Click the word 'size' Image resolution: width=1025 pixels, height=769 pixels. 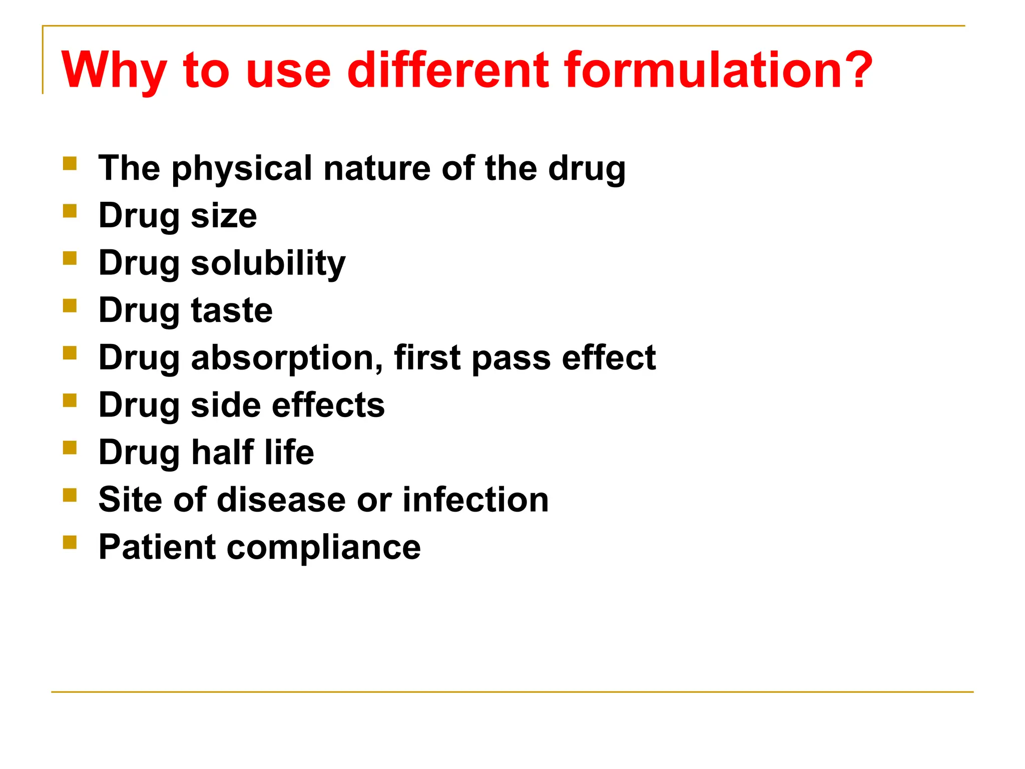[x=224, y=216]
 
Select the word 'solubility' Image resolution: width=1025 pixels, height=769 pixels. [x=268, y=263]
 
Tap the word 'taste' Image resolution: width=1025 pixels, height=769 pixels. [x=232, y=311]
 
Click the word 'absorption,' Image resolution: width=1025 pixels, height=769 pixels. [x=287, y=358]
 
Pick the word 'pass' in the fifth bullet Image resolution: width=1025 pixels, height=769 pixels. [x=510, y=358]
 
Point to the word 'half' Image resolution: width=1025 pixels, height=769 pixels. [x=223, y=452]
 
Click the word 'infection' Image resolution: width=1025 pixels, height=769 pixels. [x=475, y=500]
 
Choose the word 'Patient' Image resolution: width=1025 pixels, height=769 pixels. [x=157, y=547]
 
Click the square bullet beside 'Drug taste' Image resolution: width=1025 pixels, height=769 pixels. [x=70, y=305]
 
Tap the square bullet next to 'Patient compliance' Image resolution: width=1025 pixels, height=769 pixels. [x=70, y=542]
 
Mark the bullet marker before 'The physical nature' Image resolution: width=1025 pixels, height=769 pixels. [x=70, y=164]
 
